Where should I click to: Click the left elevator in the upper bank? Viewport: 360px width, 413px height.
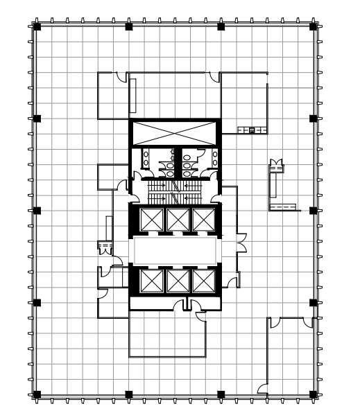click(x=151, y=220)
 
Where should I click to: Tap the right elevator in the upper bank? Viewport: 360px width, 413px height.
click(x=203, y=220)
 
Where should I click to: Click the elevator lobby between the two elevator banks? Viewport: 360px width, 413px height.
click(x=177, y=250)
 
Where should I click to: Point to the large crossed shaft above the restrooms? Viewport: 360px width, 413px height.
click(x=174, y=132)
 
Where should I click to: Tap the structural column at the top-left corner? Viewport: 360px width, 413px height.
click(x=37, y=26)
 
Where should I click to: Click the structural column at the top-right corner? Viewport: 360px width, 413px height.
click(x=313, y=26)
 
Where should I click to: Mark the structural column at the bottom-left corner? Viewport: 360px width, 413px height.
click(x=37, y=394)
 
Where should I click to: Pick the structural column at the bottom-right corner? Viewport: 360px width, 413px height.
click(x=313, y=394)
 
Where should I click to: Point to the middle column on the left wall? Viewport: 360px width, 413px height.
click(x=37, y=210)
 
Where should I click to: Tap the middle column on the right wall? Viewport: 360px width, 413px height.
click(x=313, y=210)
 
